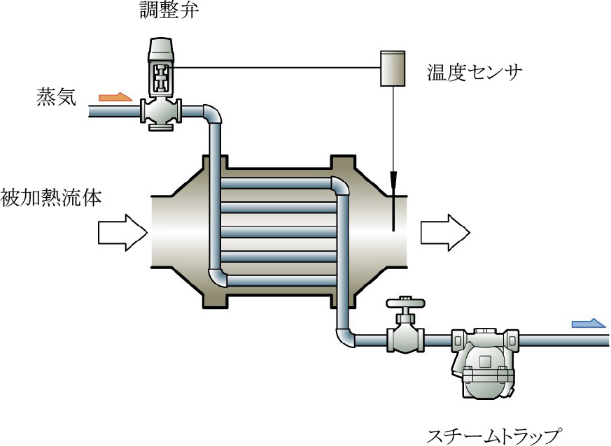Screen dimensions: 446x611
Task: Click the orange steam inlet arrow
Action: [115, 96]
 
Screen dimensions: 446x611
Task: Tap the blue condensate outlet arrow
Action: [589, 323]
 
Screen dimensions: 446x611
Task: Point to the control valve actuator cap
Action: [162, 49]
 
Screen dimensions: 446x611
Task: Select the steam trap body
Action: [482, 364]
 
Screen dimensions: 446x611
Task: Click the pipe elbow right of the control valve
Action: [212, 113]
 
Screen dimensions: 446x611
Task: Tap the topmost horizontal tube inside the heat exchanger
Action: [276, 184]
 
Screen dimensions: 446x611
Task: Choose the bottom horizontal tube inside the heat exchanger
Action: [276, 281]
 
